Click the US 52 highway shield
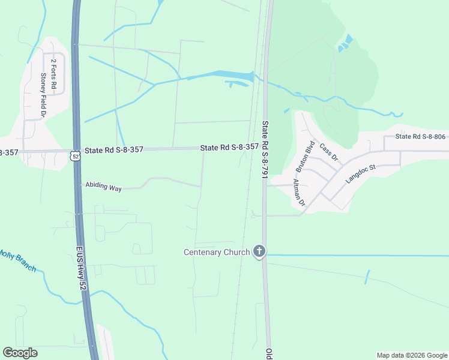pyautogui.click(x=74, y=155)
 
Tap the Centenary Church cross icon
pyautogui.click(x=259, y=251)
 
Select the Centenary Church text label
pyautogui.click(x=216, y=252)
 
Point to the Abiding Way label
pyautogui.click(x=103, y=187)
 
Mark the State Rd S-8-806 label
pyautogui.click(x=420, y=137)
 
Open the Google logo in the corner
pyautogui.click(x=20, y=353)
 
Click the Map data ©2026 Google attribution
pyautogui.click(x=411, y=355)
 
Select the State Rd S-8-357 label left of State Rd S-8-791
pyautogui.click(x=229, y=147)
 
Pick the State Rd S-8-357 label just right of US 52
pyautogui.click(x=114, y=149)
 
